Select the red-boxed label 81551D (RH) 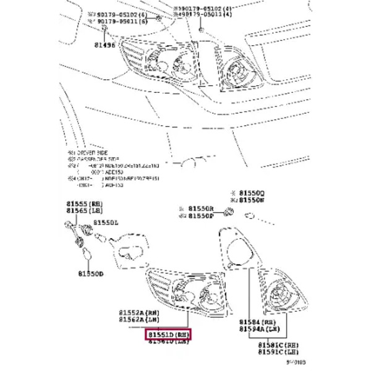[169, 335]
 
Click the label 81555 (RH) [85, 204]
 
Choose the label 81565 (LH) [85, 211]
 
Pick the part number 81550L [107, 223]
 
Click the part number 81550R [201, 209]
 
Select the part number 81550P [201, 217]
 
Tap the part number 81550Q [252, 194]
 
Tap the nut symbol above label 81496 [106, 30]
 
